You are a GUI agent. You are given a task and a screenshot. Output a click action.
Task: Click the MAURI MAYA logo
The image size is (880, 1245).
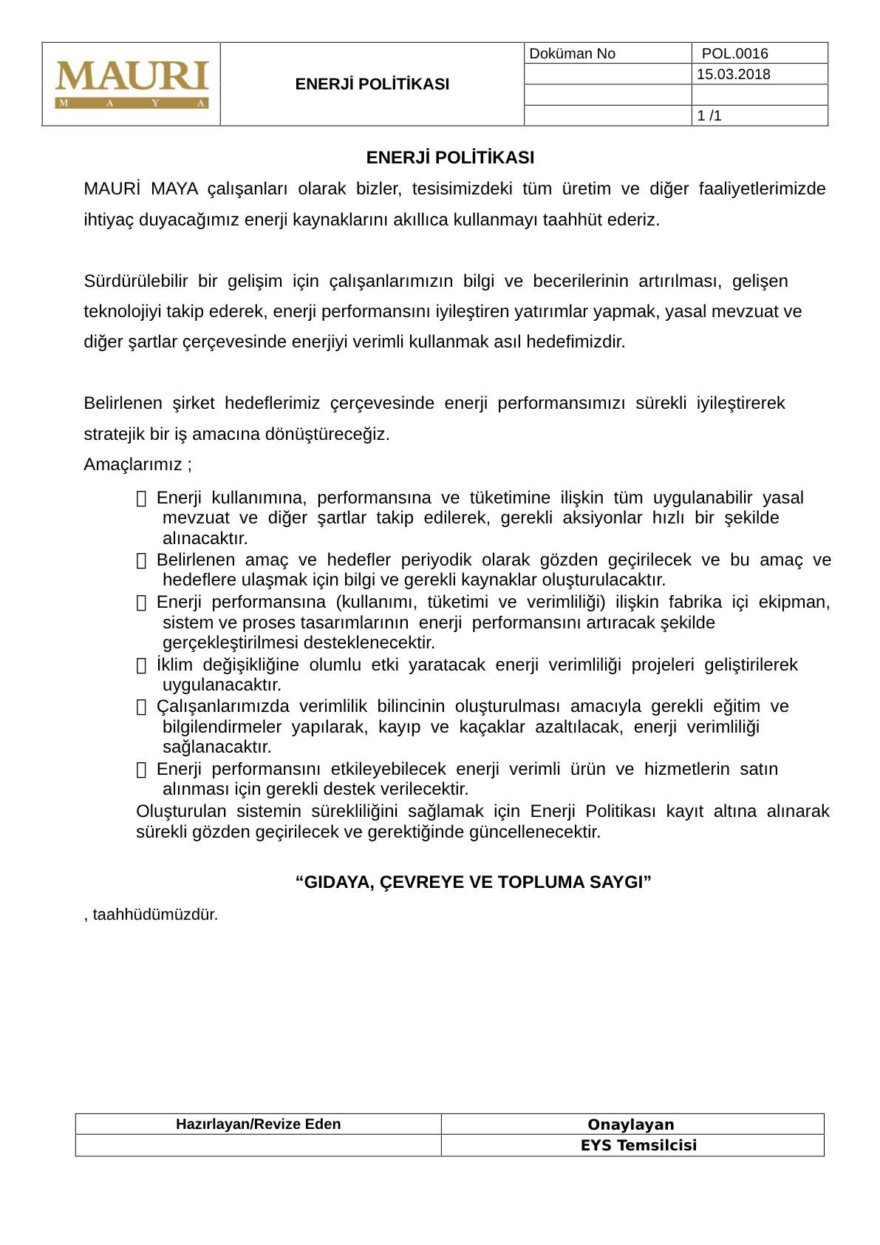pos(132,84)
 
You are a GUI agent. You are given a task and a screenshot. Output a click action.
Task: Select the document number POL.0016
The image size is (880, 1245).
pos(734,53)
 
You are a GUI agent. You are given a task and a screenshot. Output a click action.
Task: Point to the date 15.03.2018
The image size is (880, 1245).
pos(733,74)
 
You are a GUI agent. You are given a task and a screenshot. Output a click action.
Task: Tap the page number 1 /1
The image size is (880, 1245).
pos(709,115)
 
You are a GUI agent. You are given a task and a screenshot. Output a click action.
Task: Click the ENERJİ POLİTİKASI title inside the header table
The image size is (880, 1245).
pos(372,84)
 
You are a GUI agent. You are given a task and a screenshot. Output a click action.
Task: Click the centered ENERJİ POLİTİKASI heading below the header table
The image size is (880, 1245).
pos(450,157)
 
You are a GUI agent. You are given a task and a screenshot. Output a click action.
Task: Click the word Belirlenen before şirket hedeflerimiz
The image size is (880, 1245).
pos(123,403)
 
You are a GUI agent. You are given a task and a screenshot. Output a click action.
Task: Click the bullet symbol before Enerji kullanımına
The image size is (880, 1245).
pos(142,499)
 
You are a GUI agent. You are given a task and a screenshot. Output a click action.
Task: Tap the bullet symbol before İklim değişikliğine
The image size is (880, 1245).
pos(142,666)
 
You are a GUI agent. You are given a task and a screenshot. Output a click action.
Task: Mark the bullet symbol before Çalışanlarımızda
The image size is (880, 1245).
pos(142,708)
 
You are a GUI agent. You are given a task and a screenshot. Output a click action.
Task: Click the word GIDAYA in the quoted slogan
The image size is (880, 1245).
pos(338,882)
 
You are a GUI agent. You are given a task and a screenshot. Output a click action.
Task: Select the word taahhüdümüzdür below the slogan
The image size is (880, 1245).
pos(155,915)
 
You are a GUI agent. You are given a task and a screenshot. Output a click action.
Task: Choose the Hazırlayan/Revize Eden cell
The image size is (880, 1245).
pos(258,1124)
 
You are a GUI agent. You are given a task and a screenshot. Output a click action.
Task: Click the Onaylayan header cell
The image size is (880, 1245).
pos(631,1124)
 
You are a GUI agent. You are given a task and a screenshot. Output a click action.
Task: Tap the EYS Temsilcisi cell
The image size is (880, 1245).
pos(638,1145)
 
